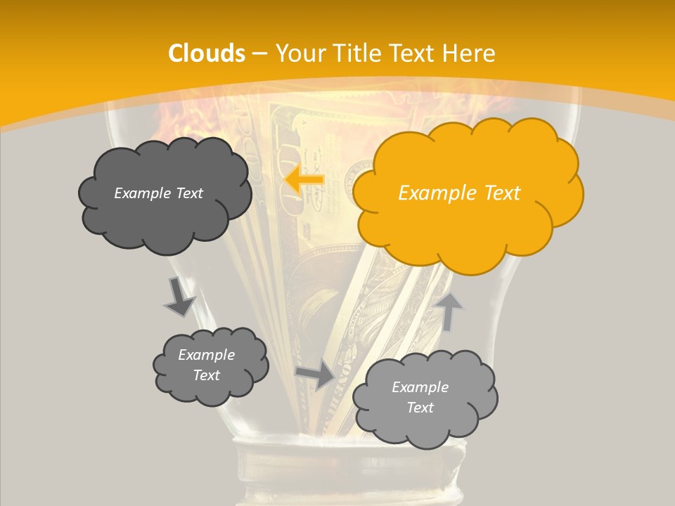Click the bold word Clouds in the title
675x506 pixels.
point(207,53)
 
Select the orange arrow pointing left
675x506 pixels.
point(304,180)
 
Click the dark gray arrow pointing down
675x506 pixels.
point(179,296)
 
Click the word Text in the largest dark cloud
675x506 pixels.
point(188,193)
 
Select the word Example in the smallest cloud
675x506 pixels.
point(206,355)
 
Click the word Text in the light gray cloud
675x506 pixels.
point(420,408)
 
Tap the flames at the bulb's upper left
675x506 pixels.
point(169,119)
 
